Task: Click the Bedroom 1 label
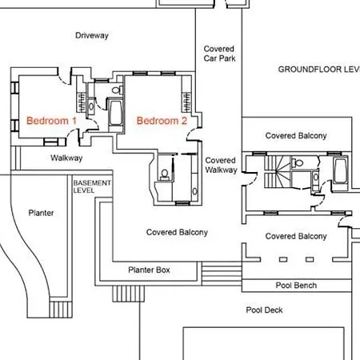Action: (x=51, y=121)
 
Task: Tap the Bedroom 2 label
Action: (x=162, y=121)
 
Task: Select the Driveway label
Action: (x=92, y=35)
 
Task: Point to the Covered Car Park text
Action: (x=219, y=54)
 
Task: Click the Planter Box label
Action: (x=149, y=270)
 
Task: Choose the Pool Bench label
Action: (x=296, y=286)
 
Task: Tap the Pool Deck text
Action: (x=264, y=310)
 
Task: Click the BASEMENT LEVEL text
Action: (x=92, y=186)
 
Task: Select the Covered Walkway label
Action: (x=221, y=165)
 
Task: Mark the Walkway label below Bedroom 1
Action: (x=66, y=158)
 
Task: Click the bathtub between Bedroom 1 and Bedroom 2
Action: (x=116, y=113)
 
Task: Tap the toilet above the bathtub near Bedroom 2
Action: (x=117, y=90)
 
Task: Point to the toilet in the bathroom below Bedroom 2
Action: (x=165, y=174)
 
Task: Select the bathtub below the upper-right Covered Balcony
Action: (x=340, y=171)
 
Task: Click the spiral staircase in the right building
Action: (x=278, y=172)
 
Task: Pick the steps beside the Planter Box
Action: (x=222, y=274)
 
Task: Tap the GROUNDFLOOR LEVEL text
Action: (x=319, y=70)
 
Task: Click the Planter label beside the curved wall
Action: (x=41, y=213)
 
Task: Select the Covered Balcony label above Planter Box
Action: (x=177, y=232)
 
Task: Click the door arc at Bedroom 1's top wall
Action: (x=65, y=80)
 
